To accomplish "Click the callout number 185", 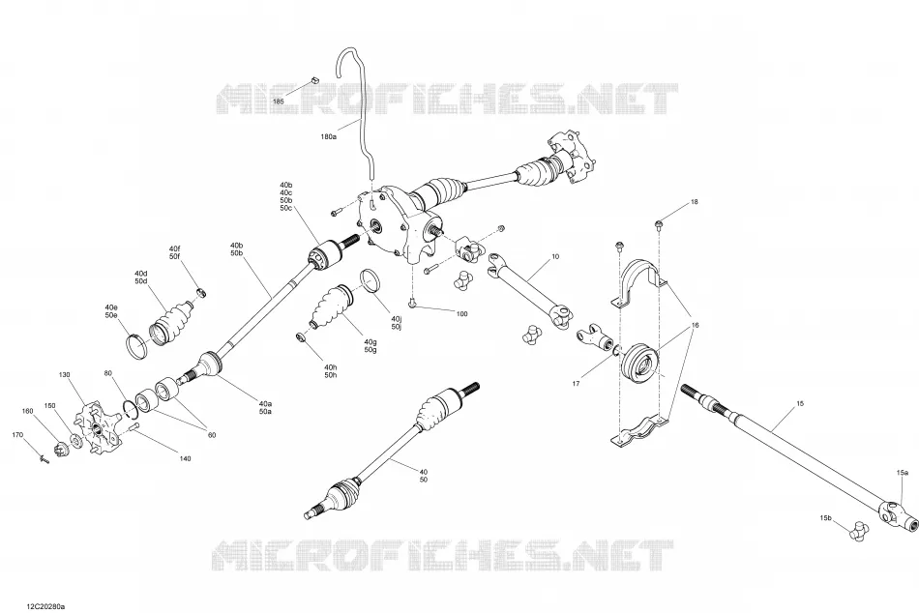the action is (279, 102).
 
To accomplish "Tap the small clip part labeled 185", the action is (313, 79).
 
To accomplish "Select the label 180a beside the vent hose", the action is (328, 136).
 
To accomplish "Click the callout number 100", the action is (461, 313).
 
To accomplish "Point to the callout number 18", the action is (695, 202).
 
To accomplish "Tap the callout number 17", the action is (577, 383).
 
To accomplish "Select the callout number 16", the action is (696, 325).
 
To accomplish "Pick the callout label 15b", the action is (825, 518).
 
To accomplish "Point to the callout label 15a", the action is (902, 472).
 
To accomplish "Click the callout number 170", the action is (17, 435).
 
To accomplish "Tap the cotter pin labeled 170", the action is (44, 460).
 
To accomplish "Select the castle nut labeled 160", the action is (60, 450).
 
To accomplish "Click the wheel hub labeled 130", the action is (96, 426).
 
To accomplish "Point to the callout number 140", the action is (185, 458).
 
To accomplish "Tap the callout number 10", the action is (555, 256).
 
